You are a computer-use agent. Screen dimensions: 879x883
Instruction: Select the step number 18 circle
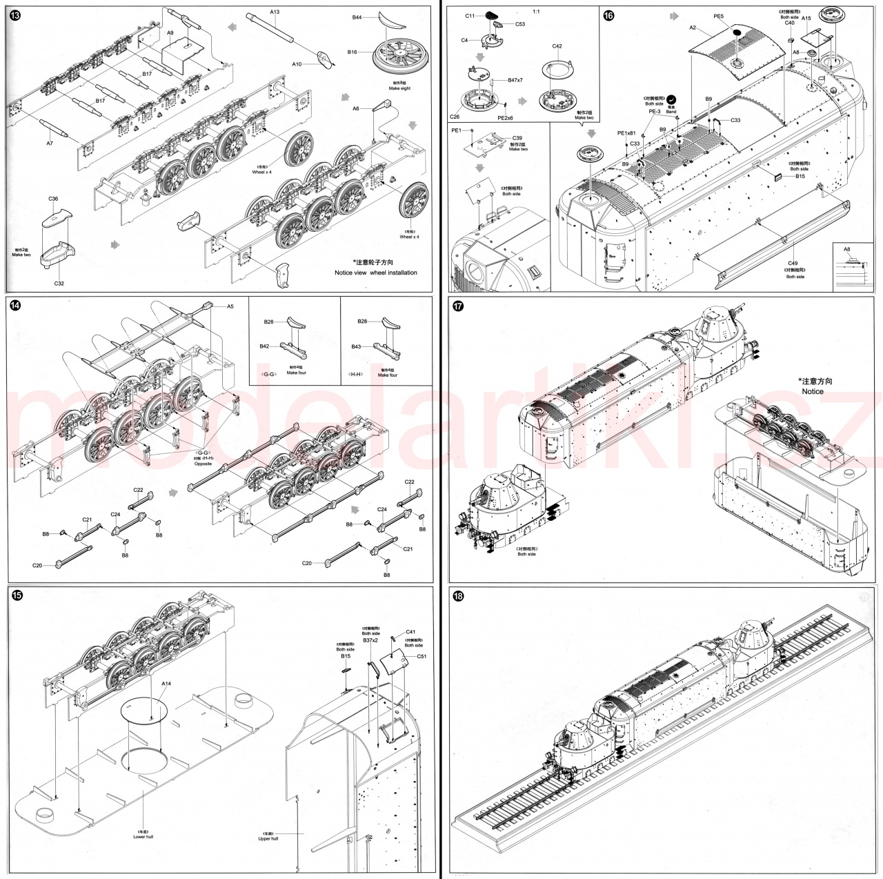pos(457,596)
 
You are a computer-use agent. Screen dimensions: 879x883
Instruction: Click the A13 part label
pos(275,12)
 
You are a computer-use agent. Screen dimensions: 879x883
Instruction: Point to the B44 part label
pos(357,17)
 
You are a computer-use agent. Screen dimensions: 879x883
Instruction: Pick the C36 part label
pos(54,199)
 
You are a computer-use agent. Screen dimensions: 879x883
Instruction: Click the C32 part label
pos(59,283)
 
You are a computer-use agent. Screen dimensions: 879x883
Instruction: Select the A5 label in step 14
pos(231,306)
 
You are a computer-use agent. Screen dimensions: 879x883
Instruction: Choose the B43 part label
pos(356,346)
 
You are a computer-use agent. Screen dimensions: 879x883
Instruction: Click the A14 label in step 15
pos(166,683)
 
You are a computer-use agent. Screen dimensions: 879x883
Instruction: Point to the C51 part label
pos(421,656)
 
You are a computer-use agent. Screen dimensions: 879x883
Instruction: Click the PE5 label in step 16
pos(718,15)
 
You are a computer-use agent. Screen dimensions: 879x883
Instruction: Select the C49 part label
pos(793,263)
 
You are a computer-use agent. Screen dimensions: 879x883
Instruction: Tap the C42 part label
pos(557,46)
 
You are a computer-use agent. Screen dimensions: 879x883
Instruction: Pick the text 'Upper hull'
pos(268,838)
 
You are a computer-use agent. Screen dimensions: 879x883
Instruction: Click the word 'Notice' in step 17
pos(813,391)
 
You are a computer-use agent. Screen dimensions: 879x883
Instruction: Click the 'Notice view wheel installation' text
pos(375,273)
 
